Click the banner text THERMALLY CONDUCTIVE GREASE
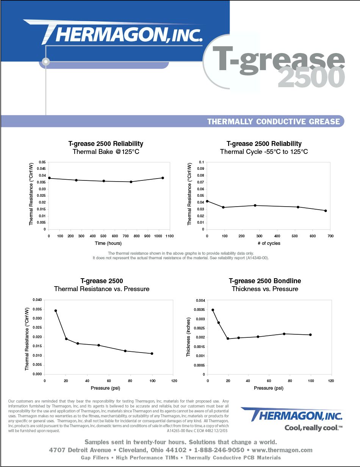pos(274,122)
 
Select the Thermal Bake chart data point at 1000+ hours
pos(163,178)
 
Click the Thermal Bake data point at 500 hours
pos(104,181)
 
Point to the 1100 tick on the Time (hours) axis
pos(169,236)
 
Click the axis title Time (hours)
pos(109,243)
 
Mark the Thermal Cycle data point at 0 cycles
pos(207,201)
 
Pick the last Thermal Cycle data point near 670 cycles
pos(326,211)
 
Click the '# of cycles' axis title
pos(268,243)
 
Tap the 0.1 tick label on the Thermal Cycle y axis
pos(201,162)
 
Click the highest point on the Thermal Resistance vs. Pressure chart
pos(56,311)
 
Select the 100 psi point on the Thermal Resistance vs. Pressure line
pos(152,354)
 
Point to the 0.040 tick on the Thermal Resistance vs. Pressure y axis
pos(38,300)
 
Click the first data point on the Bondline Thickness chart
pos(213,310)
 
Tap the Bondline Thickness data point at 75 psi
pos(284,334)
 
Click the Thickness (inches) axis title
pos(188,337)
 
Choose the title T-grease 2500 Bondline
pos(265,281)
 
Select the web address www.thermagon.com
pos(281,450)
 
